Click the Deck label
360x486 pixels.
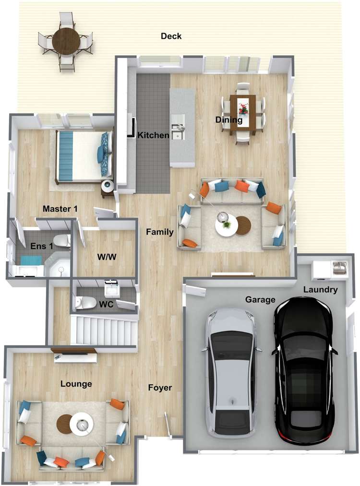171,36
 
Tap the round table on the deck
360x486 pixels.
66,41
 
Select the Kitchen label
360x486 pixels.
153,135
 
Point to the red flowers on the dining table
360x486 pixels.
243,109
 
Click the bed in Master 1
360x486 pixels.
84,156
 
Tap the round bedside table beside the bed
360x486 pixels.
108,186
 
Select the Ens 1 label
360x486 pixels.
42,247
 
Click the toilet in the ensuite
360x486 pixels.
61,240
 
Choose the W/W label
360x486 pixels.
107,257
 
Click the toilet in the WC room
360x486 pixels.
85,303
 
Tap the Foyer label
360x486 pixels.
160,388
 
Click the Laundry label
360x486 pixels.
320,290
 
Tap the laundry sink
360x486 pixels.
340,268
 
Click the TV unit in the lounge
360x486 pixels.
74,355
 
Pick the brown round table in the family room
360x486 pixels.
243,225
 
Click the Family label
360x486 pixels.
160,232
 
